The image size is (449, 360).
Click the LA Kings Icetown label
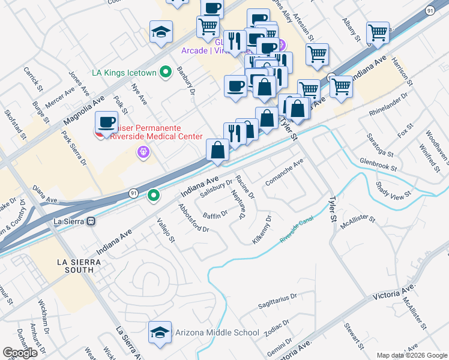(x=124, y=73)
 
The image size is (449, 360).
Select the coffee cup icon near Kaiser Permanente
(x=106, y=122)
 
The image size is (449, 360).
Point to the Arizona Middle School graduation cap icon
(x=159, y=332)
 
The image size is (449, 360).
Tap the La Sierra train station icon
(x=91, y=221)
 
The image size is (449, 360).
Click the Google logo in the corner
(x=20, y=353)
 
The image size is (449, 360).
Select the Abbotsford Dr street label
(x=193, y=218)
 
